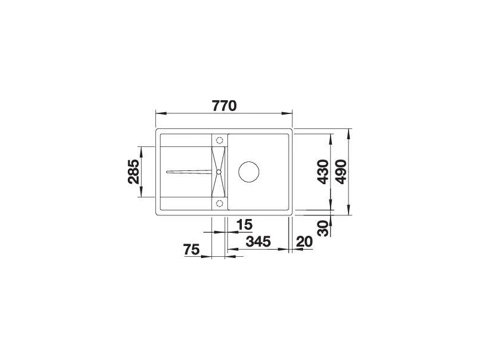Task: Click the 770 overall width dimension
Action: pos(224,106)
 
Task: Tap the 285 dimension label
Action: pos(134,172)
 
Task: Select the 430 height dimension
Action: pos(323,172)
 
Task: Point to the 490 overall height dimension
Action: pos(341,172)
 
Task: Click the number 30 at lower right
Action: pos(323,228)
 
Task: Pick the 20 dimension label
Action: pos(305,242)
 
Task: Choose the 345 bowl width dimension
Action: pos(259,241)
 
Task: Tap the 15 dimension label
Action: pos(245,224)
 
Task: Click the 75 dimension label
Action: pos(191,250)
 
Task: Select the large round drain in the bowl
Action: pos(249,172)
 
